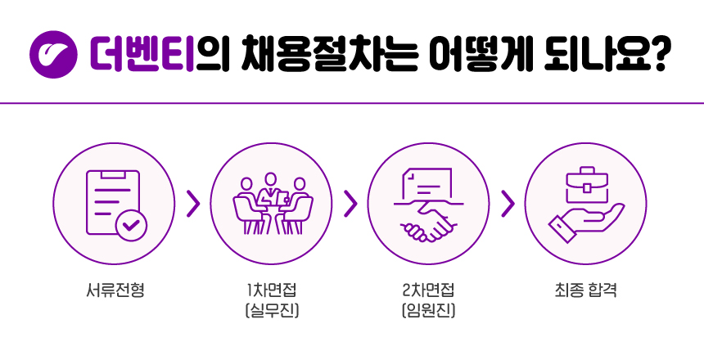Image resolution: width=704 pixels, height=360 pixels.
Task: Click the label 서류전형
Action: pyautogui.click(x=115, y=290)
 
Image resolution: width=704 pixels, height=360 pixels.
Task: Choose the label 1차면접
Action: pyautogui.click(x=271, y=290)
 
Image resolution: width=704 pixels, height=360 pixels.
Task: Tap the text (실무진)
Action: pyautogui.click(x=271, y=310)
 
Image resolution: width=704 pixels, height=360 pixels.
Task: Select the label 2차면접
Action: pyautogui.click(x=428, y=290)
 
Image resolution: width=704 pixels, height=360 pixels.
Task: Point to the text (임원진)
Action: pyautogui.click(x=428, y=310)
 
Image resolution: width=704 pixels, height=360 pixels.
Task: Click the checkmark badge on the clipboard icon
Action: pyautogui.click(x=131, y=224)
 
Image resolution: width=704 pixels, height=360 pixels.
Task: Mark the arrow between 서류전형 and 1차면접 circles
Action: pyautogui.click(x=193, y=204)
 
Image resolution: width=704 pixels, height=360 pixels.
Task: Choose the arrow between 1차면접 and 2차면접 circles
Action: pyautogui.click(x=350, y=204)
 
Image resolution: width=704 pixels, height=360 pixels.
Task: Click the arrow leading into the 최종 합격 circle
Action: pyautogui.click(x=508, y=204)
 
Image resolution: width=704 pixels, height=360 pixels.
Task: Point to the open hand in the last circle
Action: pyautogui.click(x=583, y=223)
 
